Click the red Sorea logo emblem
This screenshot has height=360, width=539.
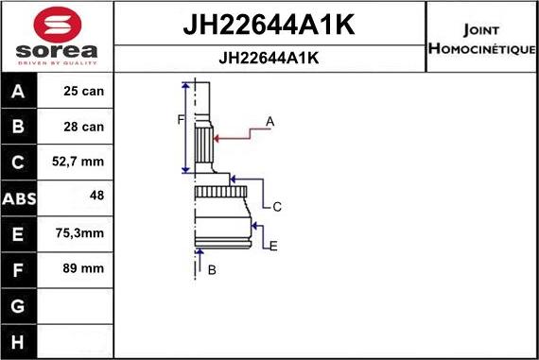[58, 26]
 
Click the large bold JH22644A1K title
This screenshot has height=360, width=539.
[269, 25]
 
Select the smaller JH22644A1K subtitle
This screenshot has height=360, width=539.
[269, 58]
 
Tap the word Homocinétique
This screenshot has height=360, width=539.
[481, 48]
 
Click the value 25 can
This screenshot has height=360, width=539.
[83, 91]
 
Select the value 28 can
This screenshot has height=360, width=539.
[83, 127]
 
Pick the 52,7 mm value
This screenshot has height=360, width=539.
[78, 162]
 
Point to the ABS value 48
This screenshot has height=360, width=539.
[96, 195]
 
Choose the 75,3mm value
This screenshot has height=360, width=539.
[79, 232]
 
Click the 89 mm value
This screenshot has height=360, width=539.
[83, 268]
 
